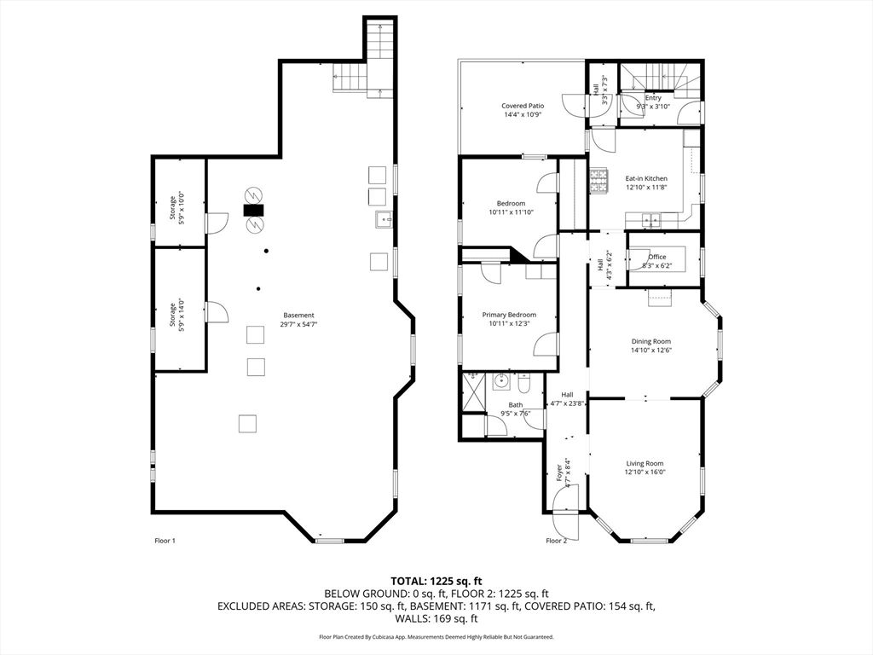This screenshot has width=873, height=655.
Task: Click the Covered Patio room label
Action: [x=523, y=110]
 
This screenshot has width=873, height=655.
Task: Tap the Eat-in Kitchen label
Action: [x=646, y=183]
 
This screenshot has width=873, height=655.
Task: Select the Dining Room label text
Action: [x=650, y=345]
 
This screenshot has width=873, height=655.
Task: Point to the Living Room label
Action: [x=645, y=467]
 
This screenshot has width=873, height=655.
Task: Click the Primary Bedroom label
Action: [x=509, y=319]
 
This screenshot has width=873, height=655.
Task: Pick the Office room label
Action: [x=657, y=261]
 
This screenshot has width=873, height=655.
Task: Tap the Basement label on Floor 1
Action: [x=298, y=319]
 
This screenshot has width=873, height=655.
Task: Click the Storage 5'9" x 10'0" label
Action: [x=176, y=208]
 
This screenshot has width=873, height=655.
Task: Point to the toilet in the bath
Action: [x=524, y=383]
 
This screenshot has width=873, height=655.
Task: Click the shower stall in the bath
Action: [x=474, y=392]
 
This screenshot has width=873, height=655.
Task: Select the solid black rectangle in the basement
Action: [x=254, y=210]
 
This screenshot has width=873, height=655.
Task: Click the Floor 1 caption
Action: [x=165, y=540]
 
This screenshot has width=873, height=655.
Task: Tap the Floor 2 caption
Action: [x=556, y=540]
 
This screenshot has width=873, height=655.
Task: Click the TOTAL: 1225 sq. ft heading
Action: [x=436, y=582]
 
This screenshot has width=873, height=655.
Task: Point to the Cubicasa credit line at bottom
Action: [x=436, y=636]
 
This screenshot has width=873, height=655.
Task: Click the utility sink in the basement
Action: [x=384, y=219]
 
